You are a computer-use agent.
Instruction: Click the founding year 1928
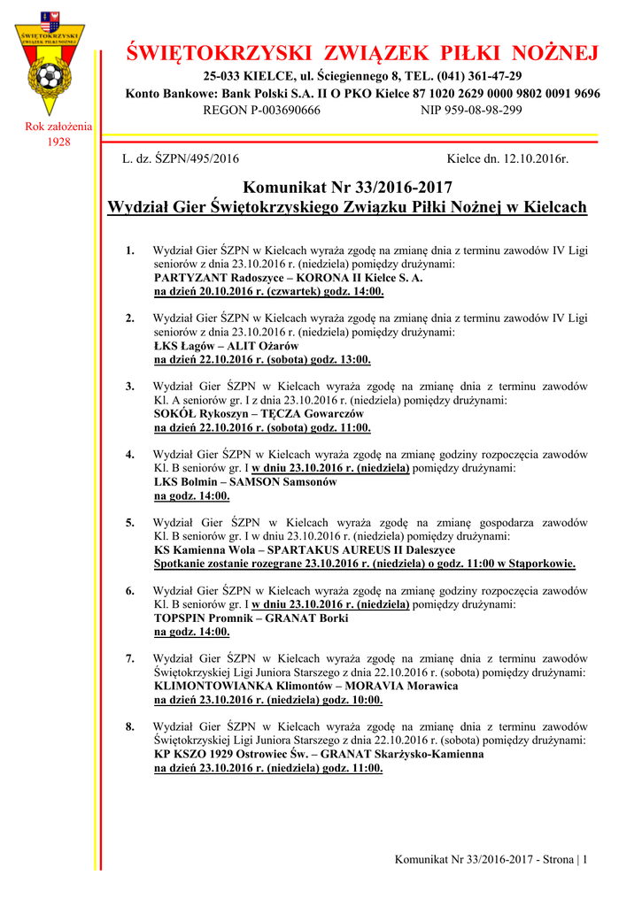(x=58, y=142)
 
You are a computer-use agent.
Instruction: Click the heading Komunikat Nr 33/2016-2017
(x=347, y=188)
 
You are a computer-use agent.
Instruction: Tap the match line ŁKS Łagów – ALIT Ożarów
(x=226, y=345)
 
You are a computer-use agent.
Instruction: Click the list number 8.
(x=130, y=726)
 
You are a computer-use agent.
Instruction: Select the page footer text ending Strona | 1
(x=491, y=859)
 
